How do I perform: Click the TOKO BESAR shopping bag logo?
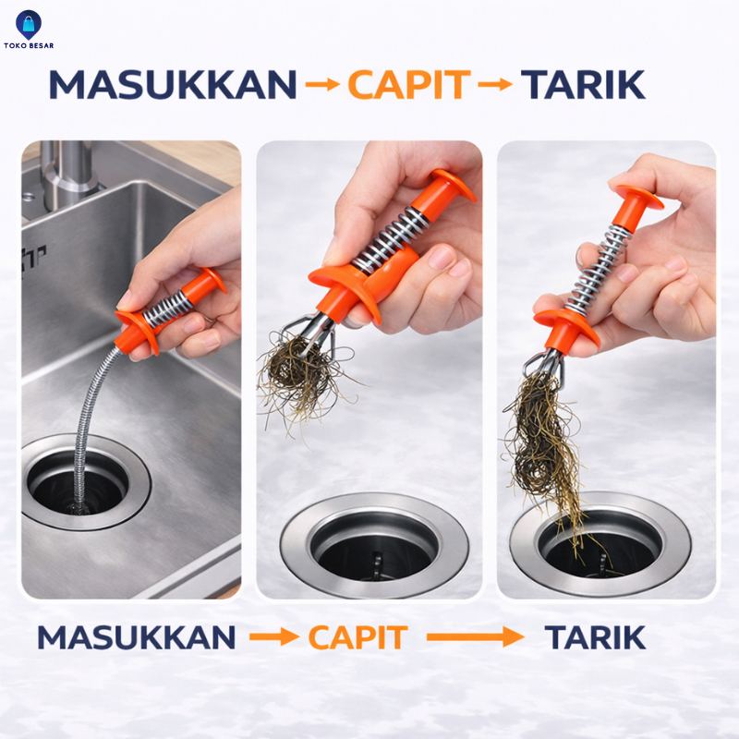29,26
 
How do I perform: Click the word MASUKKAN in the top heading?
173,85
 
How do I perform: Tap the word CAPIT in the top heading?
409,85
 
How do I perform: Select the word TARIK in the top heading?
583,85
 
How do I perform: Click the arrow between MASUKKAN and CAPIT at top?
322,85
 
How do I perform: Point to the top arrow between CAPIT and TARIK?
495,85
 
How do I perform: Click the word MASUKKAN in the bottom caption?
136,637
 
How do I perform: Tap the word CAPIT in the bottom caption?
357,637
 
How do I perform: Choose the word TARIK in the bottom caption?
595,637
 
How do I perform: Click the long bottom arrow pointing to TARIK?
476,637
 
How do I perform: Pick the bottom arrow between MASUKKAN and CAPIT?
274,637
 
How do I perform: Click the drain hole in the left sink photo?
78,483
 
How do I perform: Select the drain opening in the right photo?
601,541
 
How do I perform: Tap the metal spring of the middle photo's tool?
390,240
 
